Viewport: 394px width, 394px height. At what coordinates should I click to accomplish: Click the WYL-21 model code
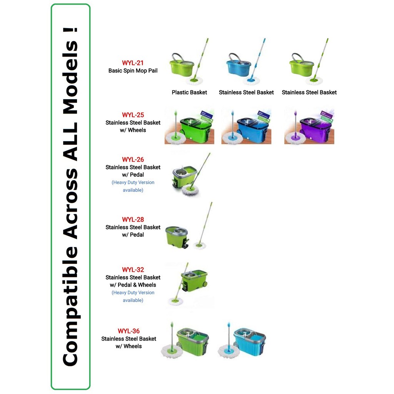133,63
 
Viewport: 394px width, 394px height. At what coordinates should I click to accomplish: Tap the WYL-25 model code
133,115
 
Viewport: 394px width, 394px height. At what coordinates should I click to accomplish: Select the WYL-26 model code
133,160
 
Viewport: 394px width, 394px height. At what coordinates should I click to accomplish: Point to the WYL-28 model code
133,220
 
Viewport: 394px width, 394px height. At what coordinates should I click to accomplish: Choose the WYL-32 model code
133,270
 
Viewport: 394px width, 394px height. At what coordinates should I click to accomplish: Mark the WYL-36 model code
129,331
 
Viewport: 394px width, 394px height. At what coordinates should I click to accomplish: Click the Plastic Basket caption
189,92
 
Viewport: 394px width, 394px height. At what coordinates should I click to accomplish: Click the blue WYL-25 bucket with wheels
252,129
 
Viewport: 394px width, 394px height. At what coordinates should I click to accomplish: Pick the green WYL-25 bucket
194,129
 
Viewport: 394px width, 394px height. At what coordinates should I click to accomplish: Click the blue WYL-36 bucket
249,342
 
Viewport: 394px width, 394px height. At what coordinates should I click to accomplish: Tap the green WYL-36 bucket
192,342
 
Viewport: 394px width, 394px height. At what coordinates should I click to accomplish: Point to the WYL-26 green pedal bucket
184,177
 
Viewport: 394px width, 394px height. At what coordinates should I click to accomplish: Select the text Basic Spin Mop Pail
133,71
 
